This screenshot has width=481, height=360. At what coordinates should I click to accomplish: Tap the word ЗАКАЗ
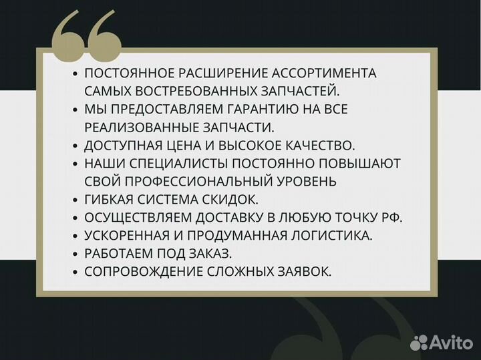click(x=212, y=253)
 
